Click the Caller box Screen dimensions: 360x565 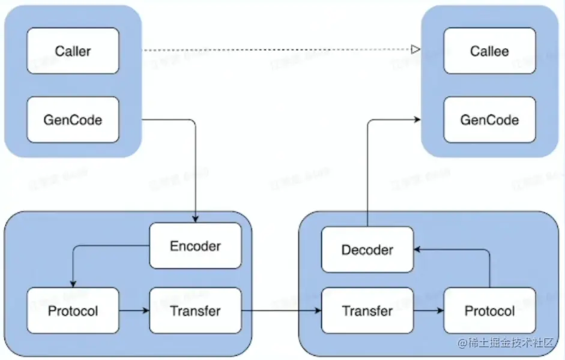pos(73,51)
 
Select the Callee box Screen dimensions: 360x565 pos(489,51)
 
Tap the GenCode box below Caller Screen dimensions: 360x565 pos(73,119)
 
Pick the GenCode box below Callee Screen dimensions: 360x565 pos(489,119)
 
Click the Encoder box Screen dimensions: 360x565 pos(195,246)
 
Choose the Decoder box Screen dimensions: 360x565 pos(367,250)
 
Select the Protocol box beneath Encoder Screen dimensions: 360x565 pos(73,311)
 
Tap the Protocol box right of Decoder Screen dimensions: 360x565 pos(489,311)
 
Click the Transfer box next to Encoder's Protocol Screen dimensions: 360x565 pos(195,311)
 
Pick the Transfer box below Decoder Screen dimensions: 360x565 pos(367,311)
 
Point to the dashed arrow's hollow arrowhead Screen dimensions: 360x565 pos(415,50)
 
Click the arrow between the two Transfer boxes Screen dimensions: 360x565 pos(281,311)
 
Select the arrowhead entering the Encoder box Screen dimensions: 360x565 pos(195,219)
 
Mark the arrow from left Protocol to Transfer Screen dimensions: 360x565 pos(134,311)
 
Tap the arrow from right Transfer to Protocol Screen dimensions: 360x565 pos(428,311)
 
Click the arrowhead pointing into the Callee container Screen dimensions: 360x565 pos(417,120)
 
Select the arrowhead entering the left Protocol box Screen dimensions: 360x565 pos(73,283)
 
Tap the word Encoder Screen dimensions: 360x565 pos(195,246)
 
